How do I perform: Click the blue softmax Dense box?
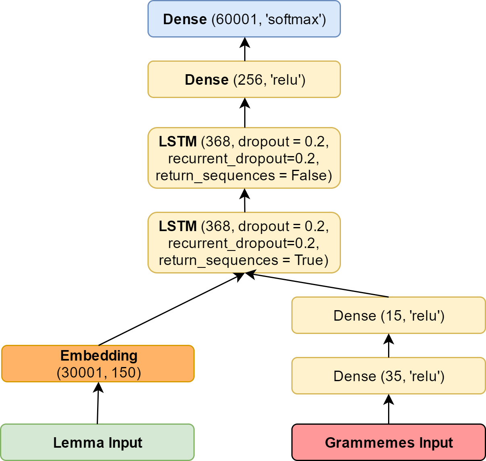tap(244, 19)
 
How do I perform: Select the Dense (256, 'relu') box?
tap(244, 79)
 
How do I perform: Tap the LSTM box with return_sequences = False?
tap(244, 158)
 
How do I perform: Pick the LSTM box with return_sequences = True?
tap(244, 242)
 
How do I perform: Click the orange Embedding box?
tap(98, 363)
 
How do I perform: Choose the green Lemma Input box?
tap(98, 442)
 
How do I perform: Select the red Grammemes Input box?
tap(389, 442)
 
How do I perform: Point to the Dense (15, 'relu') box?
tap(389, 315)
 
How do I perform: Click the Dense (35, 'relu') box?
tap(389, 375)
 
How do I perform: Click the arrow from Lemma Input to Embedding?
tap(98, 403)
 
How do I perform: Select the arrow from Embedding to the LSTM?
tap(172, 309)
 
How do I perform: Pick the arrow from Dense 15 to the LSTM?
tap(317, 285)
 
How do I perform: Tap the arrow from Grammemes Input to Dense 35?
tap(388, 409)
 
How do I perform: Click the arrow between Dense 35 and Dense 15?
tap(388, 345)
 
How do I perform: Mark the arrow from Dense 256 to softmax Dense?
tap(245, 49)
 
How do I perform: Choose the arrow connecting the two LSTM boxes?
tap(245, 200)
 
